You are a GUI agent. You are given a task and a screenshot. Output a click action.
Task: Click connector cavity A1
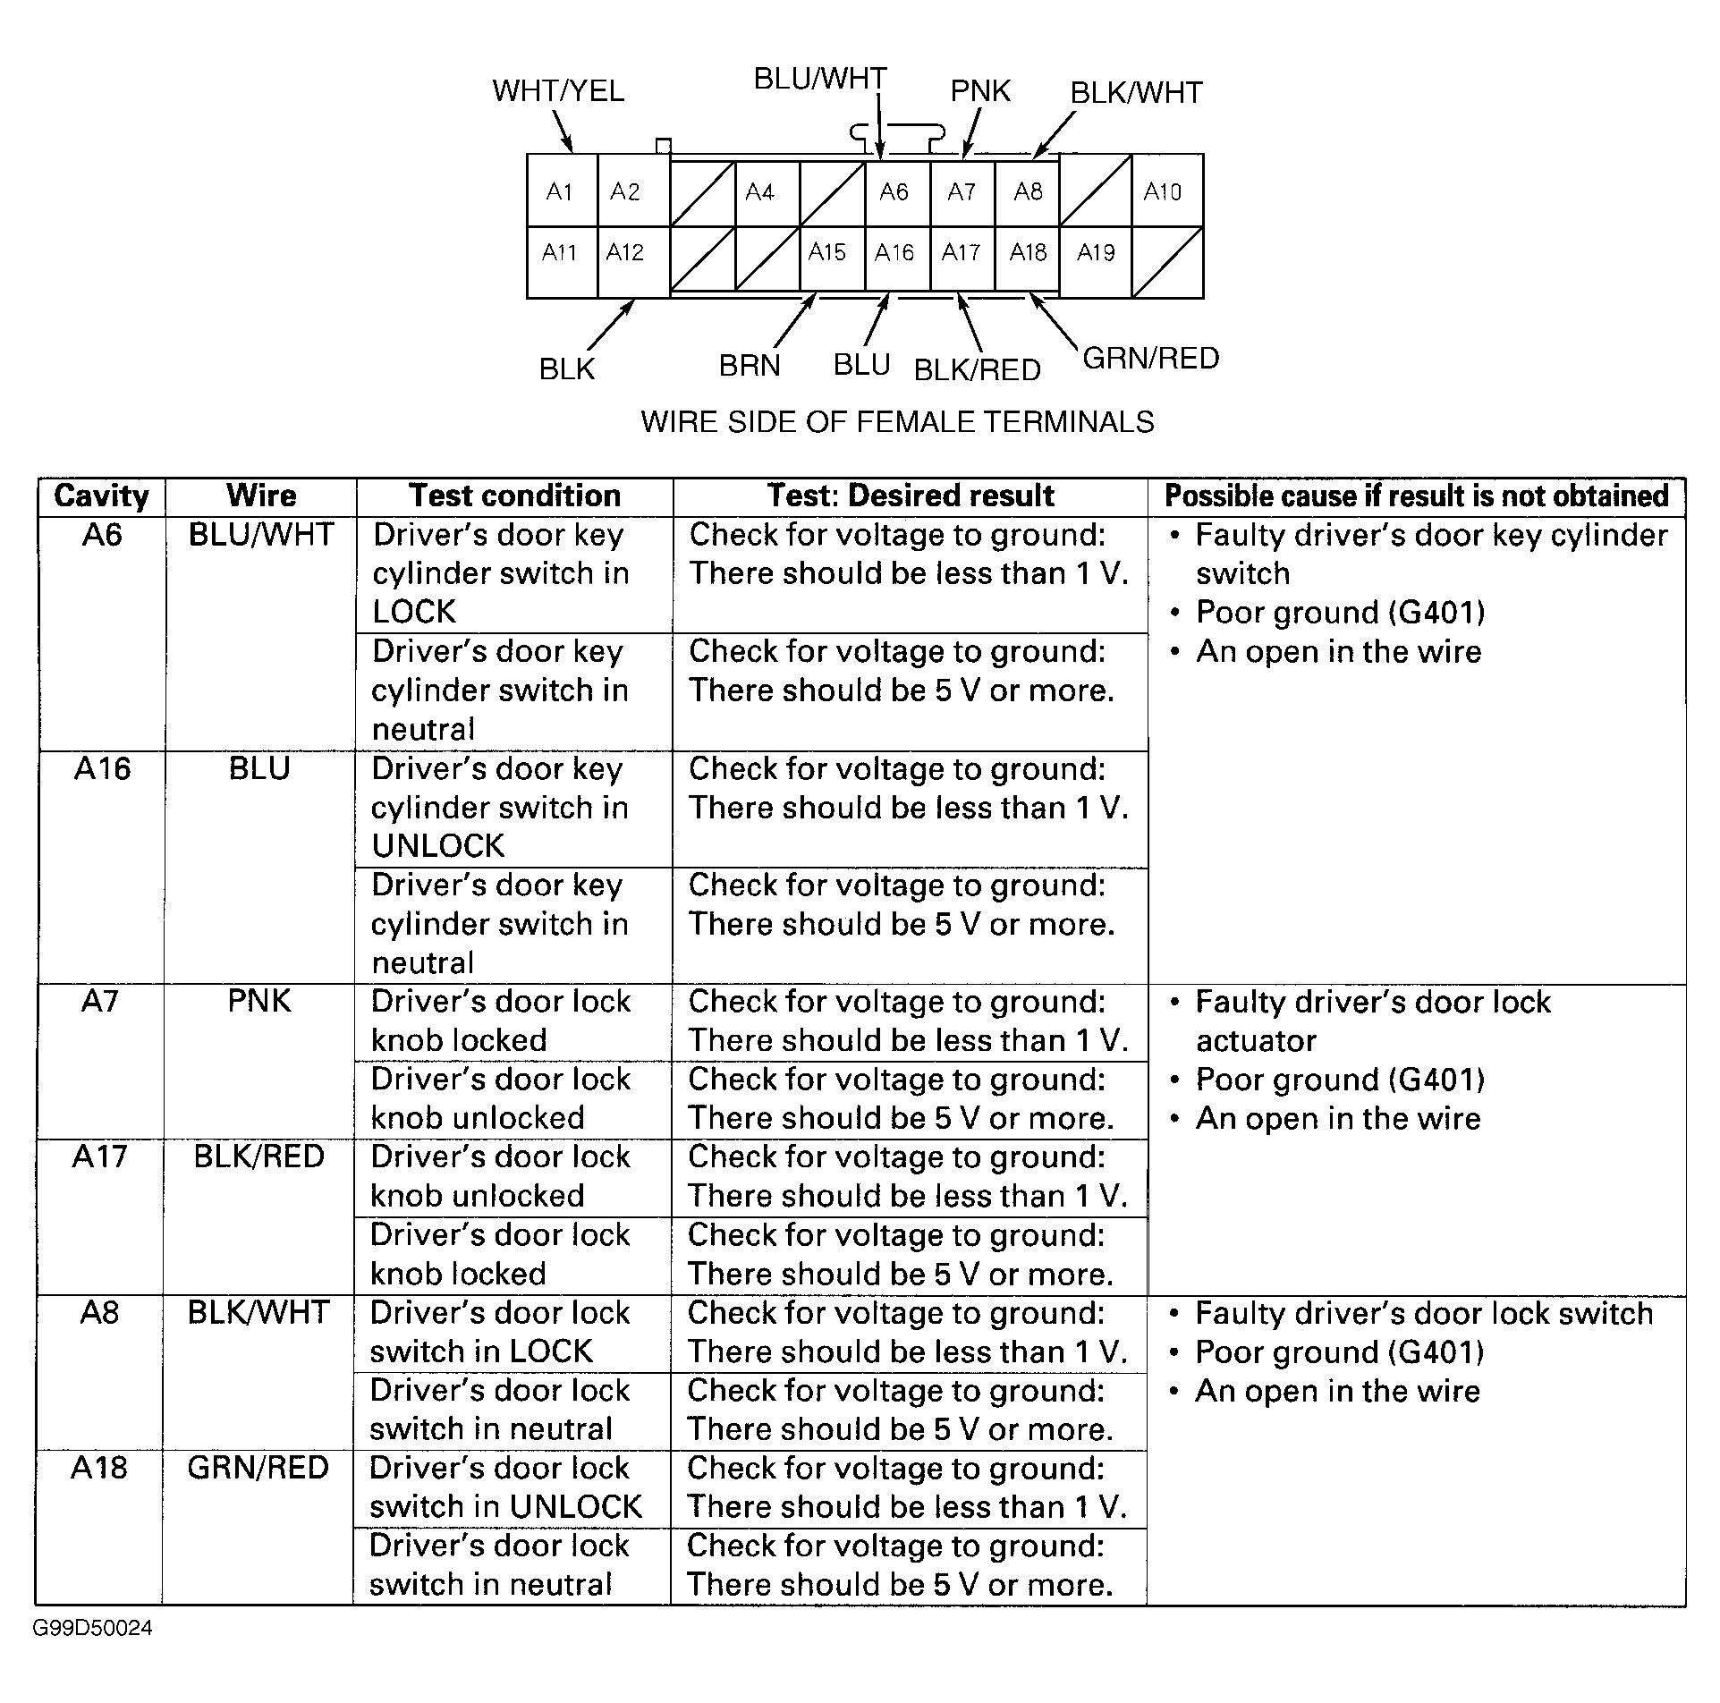(559, 191)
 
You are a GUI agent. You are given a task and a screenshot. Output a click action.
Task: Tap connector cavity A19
(1096, 253)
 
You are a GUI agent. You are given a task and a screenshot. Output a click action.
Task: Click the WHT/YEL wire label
(558, 91)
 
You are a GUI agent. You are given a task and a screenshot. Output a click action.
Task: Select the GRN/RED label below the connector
(1151, 359)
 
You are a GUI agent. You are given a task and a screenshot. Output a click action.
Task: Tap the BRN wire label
(750, 366)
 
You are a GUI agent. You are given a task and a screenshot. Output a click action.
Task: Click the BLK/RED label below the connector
(977, 370)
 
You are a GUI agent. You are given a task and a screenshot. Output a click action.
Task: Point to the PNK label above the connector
(980, 91)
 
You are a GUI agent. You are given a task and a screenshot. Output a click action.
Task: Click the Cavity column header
(101, 496)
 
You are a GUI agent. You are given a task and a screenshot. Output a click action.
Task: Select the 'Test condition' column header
(514, 496)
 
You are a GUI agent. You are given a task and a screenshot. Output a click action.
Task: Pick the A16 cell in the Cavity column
(102, 769)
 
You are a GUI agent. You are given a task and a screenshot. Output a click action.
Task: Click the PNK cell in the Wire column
(259, 1001)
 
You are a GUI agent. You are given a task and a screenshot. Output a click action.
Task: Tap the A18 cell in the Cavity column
(99, 1468)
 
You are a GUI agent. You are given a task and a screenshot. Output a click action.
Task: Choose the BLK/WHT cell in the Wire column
(258, 1313)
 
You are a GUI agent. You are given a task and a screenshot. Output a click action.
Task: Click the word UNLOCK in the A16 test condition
(438, 846)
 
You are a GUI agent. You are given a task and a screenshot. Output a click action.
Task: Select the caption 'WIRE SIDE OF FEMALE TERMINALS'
(897, 422)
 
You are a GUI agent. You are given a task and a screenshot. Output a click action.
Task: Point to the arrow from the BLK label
(612, 325)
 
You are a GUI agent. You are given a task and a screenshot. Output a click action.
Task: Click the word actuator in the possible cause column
(1256, 1041)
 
